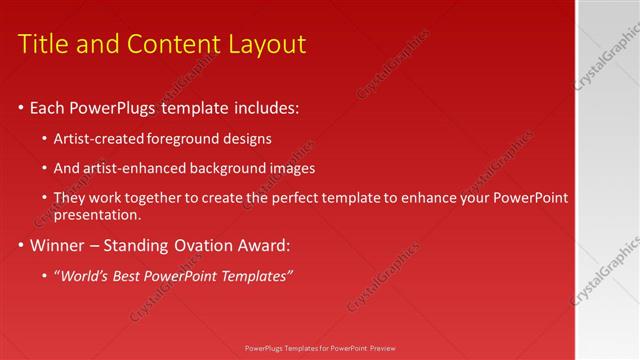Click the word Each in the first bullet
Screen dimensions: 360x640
49,107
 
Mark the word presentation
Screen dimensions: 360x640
97,214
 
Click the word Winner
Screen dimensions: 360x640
58,245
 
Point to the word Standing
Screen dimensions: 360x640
139,245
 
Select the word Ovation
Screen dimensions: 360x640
208,245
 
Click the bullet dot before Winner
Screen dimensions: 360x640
21,246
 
